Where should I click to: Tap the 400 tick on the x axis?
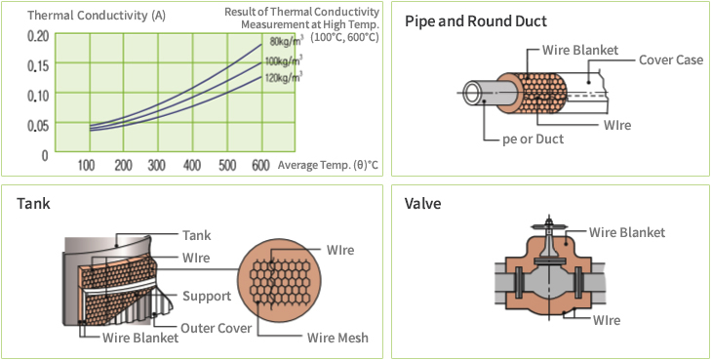pos(191,165)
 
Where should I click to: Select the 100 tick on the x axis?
pos(88,165)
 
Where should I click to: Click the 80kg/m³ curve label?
pos(285,41)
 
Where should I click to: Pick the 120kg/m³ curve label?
pos(284,75)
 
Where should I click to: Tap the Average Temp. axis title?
pos(327,165)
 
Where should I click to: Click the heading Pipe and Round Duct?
pos(475,20)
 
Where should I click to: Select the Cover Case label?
pos(670,60)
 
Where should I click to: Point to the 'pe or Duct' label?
pos(533,139)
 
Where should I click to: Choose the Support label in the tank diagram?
pos(207,296)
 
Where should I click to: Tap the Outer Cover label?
pos(216,328)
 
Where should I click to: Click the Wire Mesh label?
pos(337,338)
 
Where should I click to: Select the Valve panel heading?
pos(422,204)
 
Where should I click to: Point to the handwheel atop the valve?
pos(551,227)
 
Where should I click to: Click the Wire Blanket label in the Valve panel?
pos(627,232)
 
